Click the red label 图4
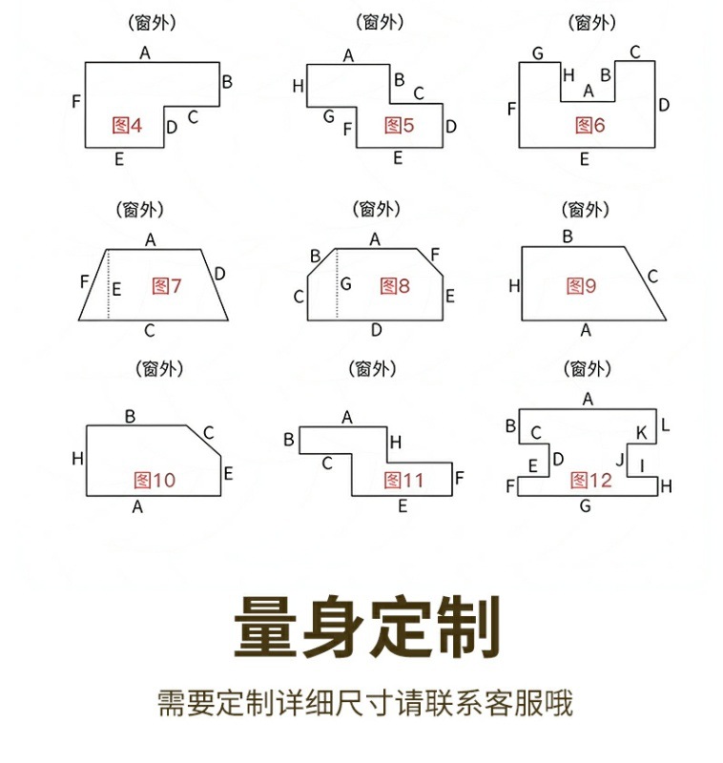127,124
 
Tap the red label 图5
399,124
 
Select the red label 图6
589,124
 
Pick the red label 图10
155,480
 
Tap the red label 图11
404,479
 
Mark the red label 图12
591,480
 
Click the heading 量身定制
367,627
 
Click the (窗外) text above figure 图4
144,21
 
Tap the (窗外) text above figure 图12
587,368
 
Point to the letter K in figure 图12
641,433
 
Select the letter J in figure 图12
620,461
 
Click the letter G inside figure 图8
345,284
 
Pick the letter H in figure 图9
514,285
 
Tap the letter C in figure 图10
208,433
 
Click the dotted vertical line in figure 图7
108,284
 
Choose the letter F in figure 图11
460,477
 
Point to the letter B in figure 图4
227,82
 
